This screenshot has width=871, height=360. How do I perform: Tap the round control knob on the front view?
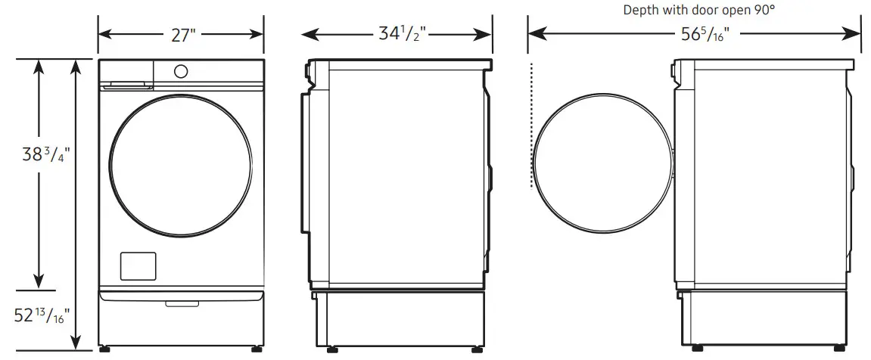pyautogui.click(x=181, y=71)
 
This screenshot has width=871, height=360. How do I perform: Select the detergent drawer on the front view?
pyautogui.click(x=126, y=84)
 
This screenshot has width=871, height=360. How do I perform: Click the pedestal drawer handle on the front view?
pyautogui.click(x=180, y=304)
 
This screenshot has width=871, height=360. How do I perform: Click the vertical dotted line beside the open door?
pyautogui.click(x=532, y=125)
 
